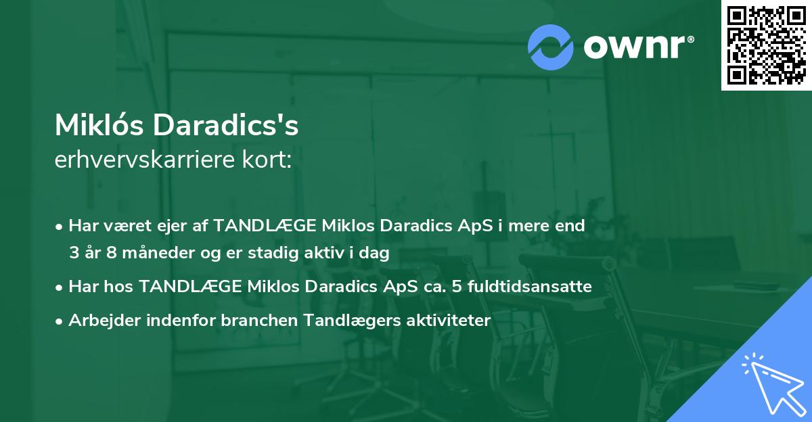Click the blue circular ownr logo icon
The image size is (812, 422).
point(551,47)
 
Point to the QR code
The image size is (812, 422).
point(766,45)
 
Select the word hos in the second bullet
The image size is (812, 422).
point(122,287)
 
